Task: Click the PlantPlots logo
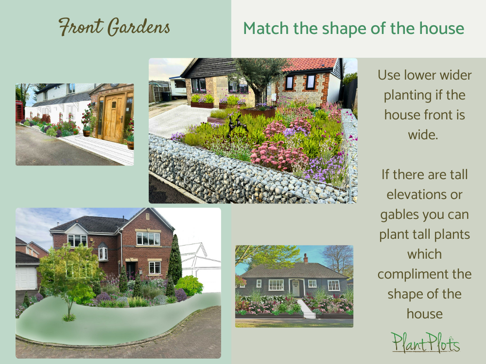425,342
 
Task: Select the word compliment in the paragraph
424,274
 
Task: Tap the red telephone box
19,111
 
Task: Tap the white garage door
26,278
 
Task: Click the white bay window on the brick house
103,253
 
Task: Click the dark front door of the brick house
130,271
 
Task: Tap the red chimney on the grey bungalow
305,258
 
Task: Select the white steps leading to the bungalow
306,309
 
